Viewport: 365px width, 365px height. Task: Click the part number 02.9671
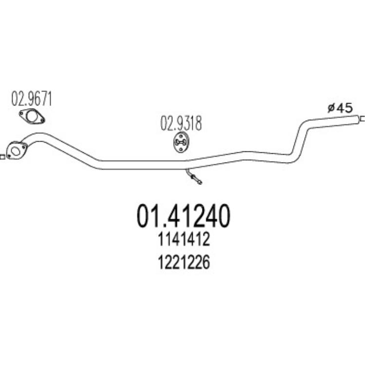[x=32, y=99]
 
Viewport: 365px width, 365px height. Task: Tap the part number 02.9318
[x=181, y=123]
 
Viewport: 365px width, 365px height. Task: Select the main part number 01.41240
[x=183, y=216]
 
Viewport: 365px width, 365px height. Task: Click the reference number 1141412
[x=184, y=239]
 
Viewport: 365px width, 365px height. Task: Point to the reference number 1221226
[x=184, y=262]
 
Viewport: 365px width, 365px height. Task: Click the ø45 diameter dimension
[x=340, y=108]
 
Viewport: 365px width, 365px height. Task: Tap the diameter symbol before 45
[x=331, y=108]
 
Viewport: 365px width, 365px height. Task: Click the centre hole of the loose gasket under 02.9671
[x=32, y=117]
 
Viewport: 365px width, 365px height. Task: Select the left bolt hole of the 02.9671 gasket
[x=21, y=114]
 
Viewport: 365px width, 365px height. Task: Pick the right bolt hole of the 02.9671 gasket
[x=42, y=120]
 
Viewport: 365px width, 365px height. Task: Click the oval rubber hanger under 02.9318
[x=181, y=143]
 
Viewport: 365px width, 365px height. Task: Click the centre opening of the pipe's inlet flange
[x=15, y=151]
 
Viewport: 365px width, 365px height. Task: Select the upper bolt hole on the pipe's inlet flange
[x=23, y=146]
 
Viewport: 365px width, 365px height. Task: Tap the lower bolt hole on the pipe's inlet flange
[x=9, y=156]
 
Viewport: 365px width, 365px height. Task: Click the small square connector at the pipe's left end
[x=2, y=157]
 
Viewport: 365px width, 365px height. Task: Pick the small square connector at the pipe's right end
[x=363, y=119]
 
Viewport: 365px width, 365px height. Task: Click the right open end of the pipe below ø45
[x=357, y=119]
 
